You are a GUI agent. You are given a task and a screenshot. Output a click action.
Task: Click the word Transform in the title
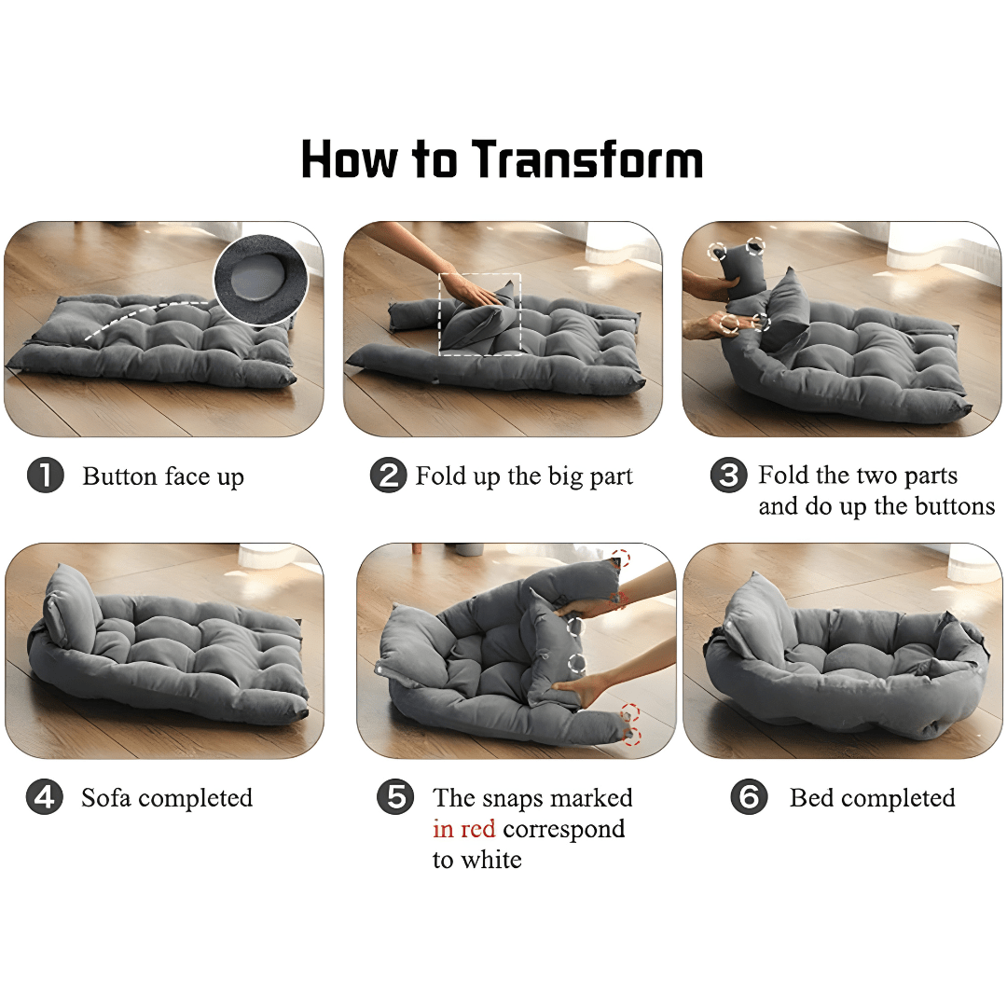pos(587,159)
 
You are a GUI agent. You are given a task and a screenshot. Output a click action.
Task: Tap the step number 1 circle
pos(45,476)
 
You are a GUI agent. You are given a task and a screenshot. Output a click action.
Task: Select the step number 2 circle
pos(389,476)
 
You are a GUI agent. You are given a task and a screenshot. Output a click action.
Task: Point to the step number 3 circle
pos(728,476)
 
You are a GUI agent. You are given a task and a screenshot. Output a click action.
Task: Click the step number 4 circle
pos(45,797)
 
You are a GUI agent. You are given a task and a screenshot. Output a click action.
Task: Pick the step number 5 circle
pos(395,797)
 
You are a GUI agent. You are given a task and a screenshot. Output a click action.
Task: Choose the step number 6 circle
pos(749,797)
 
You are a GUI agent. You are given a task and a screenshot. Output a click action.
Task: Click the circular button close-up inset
pos(261,280)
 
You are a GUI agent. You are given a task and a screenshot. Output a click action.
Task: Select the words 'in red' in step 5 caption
pos(463,829)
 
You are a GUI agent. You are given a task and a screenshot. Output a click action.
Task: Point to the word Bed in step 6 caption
pos(812,797)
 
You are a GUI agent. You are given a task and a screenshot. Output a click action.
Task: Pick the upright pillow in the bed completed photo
pos(758,616)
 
